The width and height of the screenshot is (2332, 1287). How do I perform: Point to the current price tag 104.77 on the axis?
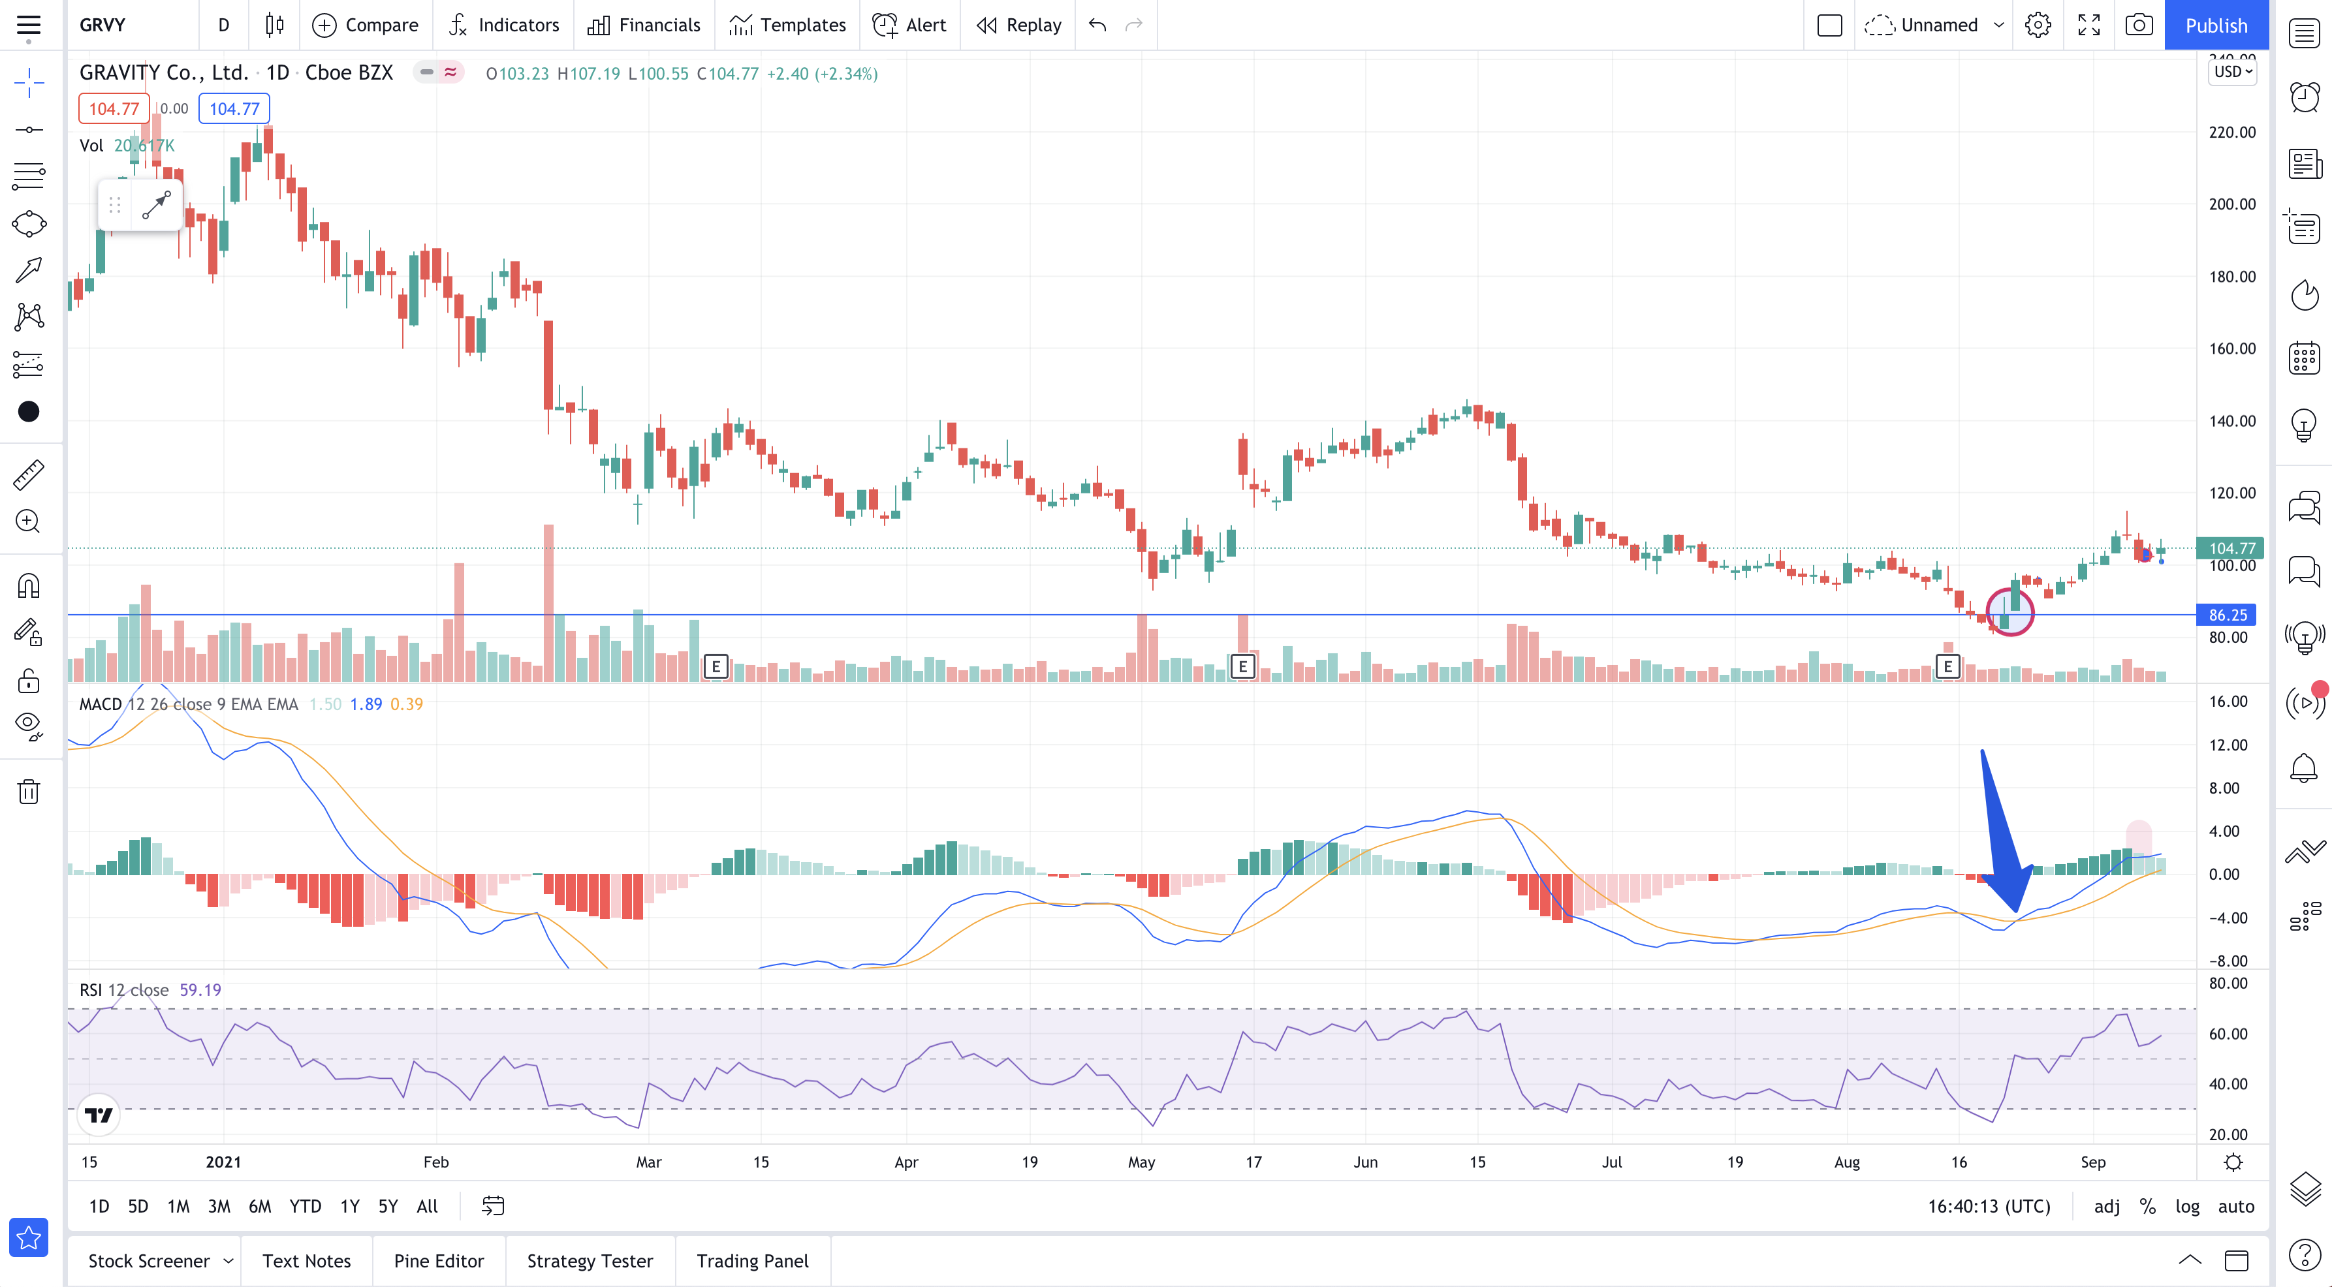click(2231, 548)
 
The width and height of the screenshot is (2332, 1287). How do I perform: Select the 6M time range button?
click(260, 1207)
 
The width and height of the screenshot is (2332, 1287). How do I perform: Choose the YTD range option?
click(305, 1207)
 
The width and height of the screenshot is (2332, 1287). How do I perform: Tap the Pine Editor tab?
click(439, 1262)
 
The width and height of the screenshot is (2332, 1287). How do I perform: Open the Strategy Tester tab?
click(590, 1262)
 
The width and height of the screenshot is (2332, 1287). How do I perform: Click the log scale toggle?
click(2187, 1207)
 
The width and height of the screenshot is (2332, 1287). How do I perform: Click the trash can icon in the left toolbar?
click(29, 792)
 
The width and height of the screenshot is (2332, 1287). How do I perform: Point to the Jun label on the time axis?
click(1365, 1162)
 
